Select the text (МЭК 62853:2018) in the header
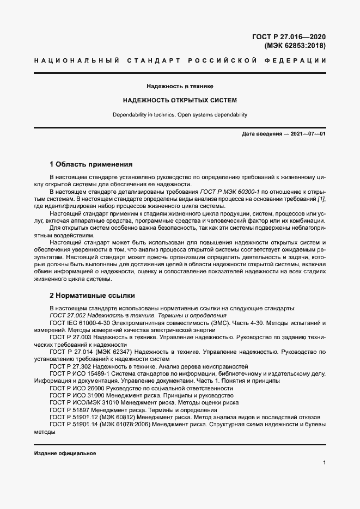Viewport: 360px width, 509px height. tap(295, 46)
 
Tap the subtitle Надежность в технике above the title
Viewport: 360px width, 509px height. tap(180, 87)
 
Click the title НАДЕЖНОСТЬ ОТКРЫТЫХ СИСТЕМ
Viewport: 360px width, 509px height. tap(180, 101)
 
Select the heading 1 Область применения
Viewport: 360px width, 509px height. tap(91, 164)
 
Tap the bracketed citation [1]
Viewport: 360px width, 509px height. tap(321, 199)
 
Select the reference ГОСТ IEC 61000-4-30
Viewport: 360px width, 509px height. tap(81, 323)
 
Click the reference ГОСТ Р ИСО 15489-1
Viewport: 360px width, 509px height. tap(80, 373)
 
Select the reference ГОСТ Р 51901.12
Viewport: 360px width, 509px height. tap(74, 417)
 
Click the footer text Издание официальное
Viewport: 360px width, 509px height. tap(65, 453)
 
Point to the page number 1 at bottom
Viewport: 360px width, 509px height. tap(324, 463)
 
